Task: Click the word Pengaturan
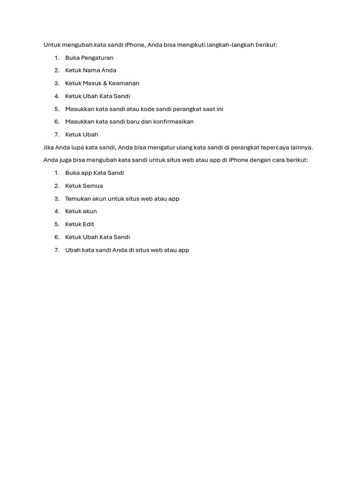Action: click(97, 58)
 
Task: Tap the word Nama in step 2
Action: click(91, 70)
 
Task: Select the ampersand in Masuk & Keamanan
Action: click(105, 83)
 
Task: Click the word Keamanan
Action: click(124, 83)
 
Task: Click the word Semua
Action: click(93, 186)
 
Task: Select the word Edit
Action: click(89, 224)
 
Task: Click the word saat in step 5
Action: click(207, 109)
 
